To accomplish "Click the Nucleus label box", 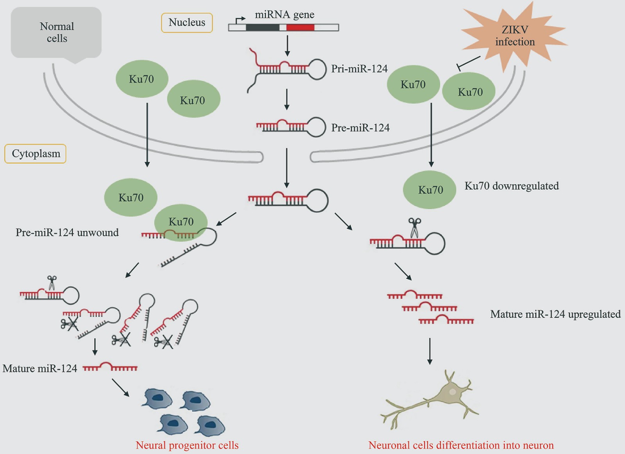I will [x=187, y=23].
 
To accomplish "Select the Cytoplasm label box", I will [x=36, y=154].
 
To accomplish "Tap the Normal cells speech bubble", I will [x=56, y=33].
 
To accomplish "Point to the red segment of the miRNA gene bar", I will [x=300, y=27].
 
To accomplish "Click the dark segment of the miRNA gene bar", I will [x=262, y=27].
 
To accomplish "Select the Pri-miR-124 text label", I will [x=359, y=69].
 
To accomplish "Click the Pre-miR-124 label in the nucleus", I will [x=360, y=128].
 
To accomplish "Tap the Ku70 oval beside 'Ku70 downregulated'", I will [x=430, y=190].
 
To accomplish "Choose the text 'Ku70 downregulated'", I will [x=512, y=186].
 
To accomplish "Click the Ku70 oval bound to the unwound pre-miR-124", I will [x=181, y=222].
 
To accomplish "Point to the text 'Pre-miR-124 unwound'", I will [x=67, y=233].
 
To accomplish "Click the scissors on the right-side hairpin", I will [x=414, y=228].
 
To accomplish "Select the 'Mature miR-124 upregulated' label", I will [x=555, y=314].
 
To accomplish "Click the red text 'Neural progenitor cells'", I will [x=187, y=445].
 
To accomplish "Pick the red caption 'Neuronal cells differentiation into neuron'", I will [x=461, y=445].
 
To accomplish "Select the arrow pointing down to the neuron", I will [x=430, y=351].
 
